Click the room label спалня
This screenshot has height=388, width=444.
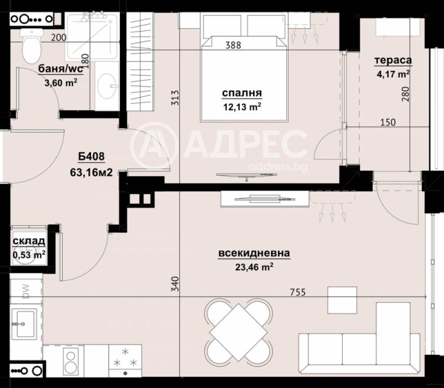241,94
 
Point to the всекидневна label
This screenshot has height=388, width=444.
254,254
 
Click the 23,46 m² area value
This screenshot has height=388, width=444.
254,267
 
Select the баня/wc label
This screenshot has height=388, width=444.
60,70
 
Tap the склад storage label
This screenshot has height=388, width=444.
29,241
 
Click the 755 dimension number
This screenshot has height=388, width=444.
297,292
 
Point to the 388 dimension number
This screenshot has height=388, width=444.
233,45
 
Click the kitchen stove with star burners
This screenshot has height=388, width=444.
125,358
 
